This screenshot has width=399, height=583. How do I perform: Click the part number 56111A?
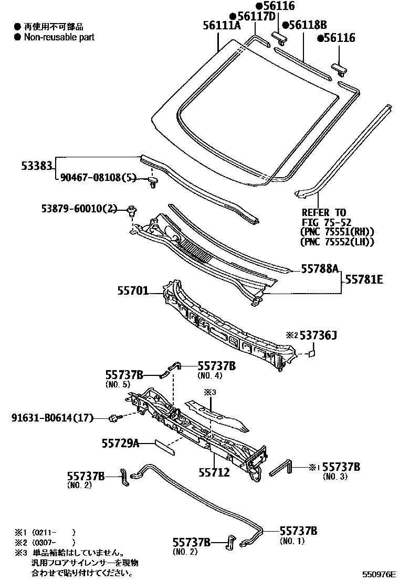[x=222, y=26]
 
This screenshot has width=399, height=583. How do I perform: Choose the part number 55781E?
[x=364, y=280]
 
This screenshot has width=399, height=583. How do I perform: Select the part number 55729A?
[x=120, y=444]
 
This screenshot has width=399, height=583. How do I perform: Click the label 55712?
[x=214, y=472]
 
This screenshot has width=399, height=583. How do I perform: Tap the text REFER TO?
[x=324, y=212]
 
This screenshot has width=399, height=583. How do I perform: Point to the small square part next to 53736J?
[x=311, y=354]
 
